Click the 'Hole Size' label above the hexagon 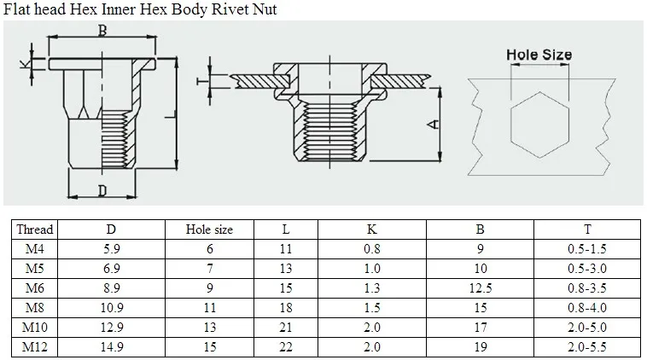pos(539,55)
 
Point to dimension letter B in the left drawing pos(102,32)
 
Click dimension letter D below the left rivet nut pos(102,190)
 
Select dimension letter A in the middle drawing pos(434,125)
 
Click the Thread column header pos(35,229)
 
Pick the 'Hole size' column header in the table pos(209,229)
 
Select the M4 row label pos(35,248)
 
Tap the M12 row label pos(35,346)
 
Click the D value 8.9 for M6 pos(111,287)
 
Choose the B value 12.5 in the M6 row pos(481,287)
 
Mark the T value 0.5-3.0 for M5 pos(586,268)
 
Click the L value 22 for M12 pos(285,346)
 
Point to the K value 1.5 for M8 pos(372,307)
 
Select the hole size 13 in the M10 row pos(209,327)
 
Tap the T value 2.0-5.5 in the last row pos(586,346)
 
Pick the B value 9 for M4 pos(481,248)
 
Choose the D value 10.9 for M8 pos(111,307)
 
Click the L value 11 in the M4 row pos(285,248)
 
